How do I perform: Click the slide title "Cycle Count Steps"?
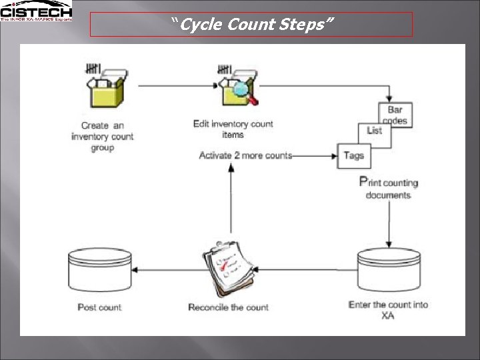251,25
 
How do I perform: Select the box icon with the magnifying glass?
235,86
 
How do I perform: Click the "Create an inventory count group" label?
102,136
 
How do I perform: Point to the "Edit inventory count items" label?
233,129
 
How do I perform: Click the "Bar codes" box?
395,115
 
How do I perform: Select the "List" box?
375,131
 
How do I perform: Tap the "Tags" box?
354,155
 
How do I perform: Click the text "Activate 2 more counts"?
245,155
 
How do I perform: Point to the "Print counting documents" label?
389,188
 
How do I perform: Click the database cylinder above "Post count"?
100,270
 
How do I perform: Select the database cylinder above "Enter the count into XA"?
389,270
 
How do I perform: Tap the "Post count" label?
100,307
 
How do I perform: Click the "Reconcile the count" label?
229,307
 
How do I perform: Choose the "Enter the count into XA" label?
388,310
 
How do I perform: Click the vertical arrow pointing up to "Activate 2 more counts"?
231,200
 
